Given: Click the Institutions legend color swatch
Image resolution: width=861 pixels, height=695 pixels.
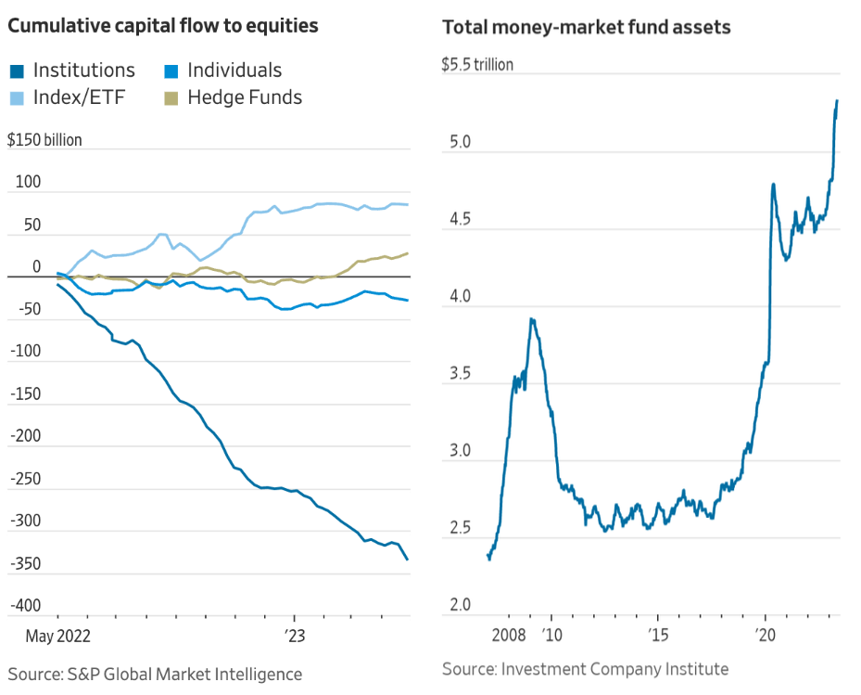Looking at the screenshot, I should tap(17, 71).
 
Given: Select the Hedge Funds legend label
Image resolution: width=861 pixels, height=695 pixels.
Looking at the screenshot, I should tap(244, 97).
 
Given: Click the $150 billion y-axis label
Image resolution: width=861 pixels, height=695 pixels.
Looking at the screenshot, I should tap(44, 140).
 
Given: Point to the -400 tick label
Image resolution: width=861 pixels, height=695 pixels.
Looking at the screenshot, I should tap(24, 606).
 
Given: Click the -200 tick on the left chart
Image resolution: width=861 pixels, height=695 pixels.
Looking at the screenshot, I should tap(24, 437).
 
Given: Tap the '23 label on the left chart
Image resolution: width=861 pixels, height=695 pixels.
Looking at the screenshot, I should tap(295, 638).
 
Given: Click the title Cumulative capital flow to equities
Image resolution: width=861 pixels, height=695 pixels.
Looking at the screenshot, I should tap(163, 26).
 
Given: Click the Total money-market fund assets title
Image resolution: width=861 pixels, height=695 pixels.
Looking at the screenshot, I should tap(587, 27).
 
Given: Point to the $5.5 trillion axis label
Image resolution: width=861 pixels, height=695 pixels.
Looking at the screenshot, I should tap(477, 65).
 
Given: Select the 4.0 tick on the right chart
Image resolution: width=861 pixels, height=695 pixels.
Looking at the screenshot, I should tap(460, 298).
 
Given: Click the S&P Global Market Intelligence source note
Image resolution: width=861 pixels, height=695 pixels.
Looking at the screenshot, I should tap(155, 674).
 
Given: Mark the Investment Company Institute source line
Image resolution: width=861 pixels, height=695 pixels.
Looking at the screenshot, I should tap(585, 669).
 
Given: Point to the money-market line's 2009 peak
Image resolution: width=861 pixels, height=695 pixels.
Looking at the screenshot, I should tap(531, 319).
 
